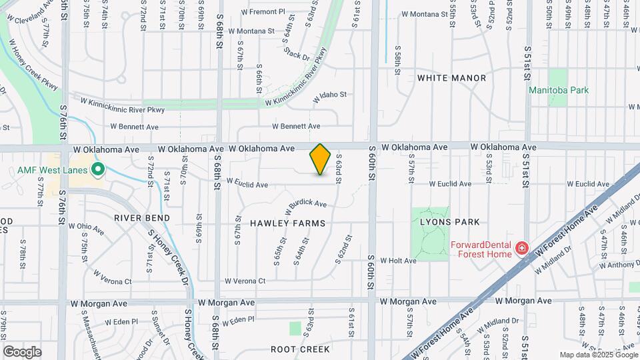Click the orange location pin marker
click(x=321, y=159)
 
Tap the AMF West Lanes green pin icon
click(x=99, y=170)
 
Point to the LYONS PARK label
click(x=450, y=221)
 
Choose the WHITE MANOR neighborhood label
click(x=451, y=78)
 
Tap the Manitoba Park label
click(x=559, y=90)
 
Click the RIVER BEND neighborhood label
click(x=142, y=218)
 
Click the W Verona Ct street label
click(x=245, y=281)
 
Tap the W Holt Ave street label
click(x=398, y=261)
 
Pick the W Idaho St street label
click(x=331, y=95)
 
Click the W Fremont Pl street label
click(x=263, y=12)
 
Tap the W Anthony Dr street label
click(x=619, y=265)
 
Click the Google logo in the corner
click(x=22, y=351)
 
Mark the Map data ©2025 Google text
click(x=599, y=355)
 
